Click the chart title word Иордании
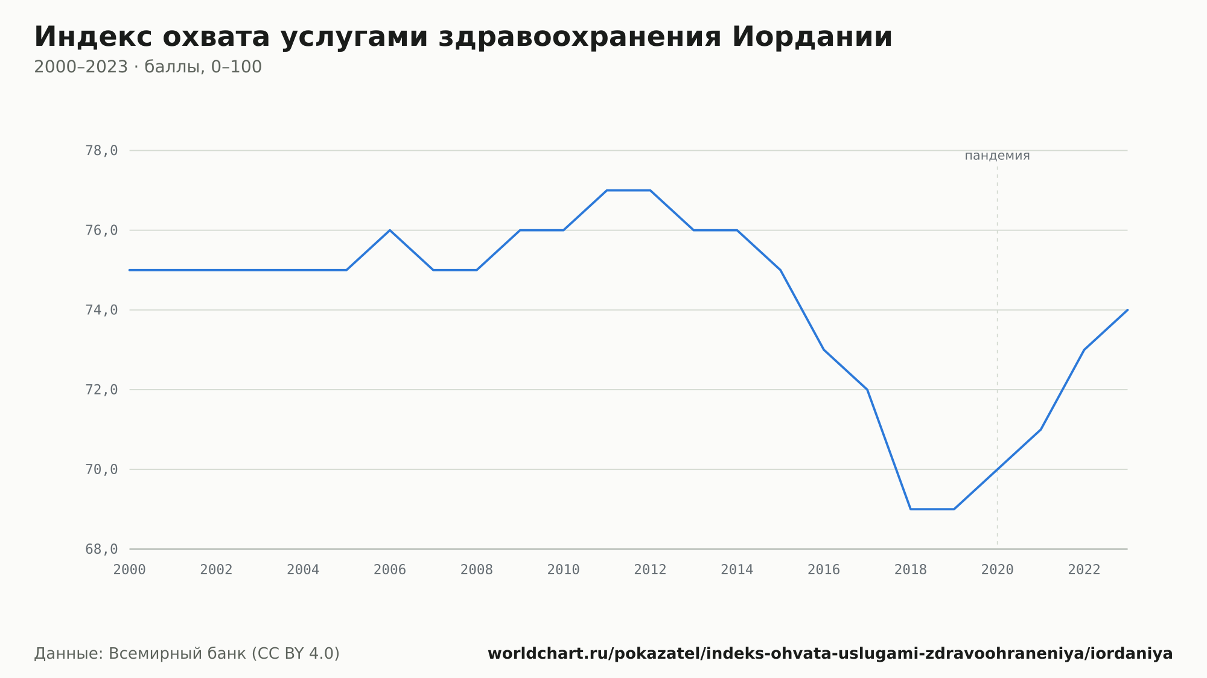812,37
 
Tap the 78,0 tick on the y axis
101,151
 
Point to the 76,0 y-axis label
101,230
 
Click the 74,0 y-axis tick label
101,310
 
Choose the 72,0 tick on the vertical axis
101,390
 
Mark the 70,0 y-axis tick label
101,469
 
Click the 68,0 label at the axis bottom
101,549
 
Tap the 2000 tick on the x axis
130,570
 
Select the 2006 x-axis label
390,570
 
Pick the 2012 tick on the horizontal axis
651,570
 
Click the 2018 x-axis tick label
911,570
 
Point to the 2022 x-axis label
1084,570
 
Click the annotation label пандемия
997,156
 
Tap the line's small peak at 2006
390,230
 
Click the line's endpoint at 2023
1127,310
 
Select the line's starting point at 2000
130,270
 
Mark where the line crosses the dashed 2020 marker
998,469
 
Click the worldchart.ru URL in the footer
830,654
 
